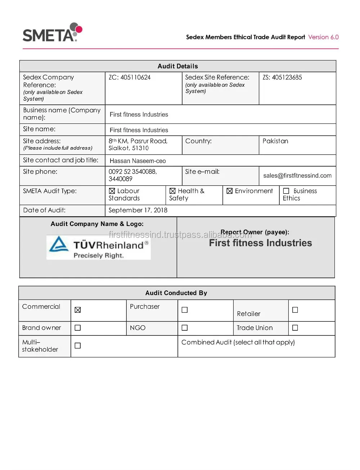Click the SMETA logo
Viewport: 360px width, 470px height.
pos(53,33)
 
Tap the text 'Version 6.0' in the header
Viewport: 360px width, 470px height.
pos(323,37)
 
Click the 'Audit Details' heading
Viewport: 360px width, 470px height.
pos(177,66)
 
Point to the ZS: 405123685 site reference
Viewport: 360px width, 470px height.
pos(282,77)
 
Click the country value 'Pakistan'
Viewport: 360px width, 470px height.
pos(275,141)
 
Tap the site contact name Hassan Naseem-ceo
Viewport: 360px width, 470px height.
pos(138,161)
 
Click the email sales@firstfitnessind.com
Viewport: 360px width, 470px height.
pos(297,176)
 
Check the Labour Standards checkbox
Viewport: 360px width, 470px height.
pos(112,191)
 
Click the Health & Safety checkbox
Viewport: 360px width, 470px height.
pos(172,191)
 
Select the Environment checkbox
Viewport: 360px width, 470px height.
pos(229,191)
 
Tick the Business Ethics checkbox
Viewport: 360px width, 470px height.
pos(286,191)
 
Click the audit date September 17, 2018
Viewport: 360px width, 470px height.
pos(138,210)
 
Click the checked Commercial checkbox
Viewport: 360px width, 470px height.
pos(78,310)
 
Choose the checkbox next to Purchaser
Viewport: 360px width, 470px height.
pos(185,310)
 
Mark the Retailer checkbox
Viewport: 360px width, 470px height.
pos(295,310)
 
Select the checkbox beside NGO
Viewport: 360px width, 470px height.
pos(185,328)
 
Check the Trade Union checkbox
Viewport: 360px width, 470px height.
pos(295,328)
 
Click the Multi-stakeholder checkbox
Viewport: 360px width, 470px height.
pos(78,345)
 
